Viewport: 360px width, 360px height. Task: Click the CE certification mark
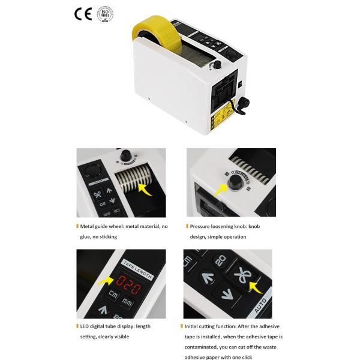point(83,14)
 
